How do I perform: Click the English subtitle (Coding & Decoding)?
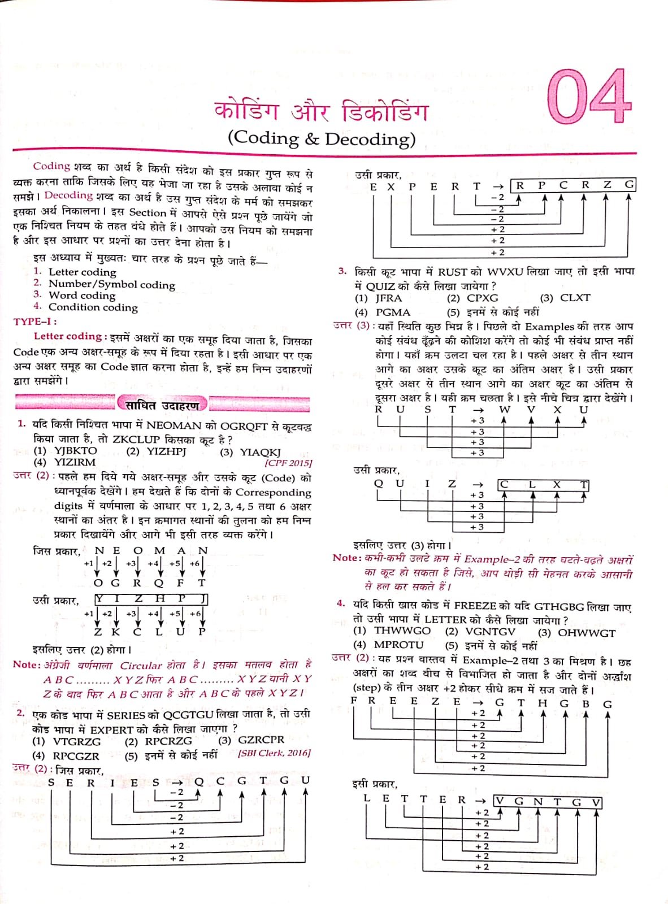pyautogui.click(x=321, y=138)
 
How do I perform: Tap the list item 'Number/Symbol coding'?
pyautogui.click(x=111, y=284)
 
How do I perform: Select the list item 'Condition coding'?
pyautogui.click(x=93, y=307)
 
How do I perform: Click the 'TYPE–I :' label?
pyautogui.click(x=35, y=321)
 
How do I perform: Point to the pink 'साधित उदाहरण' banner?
pyautogui.click(x=162, y=405)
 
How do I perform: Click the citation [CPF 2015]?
pyautogui.click(x=288, y=463)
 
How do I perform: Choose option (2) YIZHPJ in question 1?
pyautogui.click(x=156, y=451)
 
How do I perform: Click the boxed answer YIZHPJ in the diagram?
pyautogui.click(x=151, y=599)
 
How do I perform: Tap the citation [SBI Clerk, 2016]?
pyautogui.click(x=274, y=753)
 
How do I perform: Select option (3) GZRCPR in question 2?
pyautogui.click(x=251, y=740)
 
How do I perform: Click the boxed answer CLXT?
pyautogui.click(x=543, y=485)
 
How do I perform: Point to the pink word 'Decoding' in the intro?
pyautogui.click(x=68, y=195)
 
